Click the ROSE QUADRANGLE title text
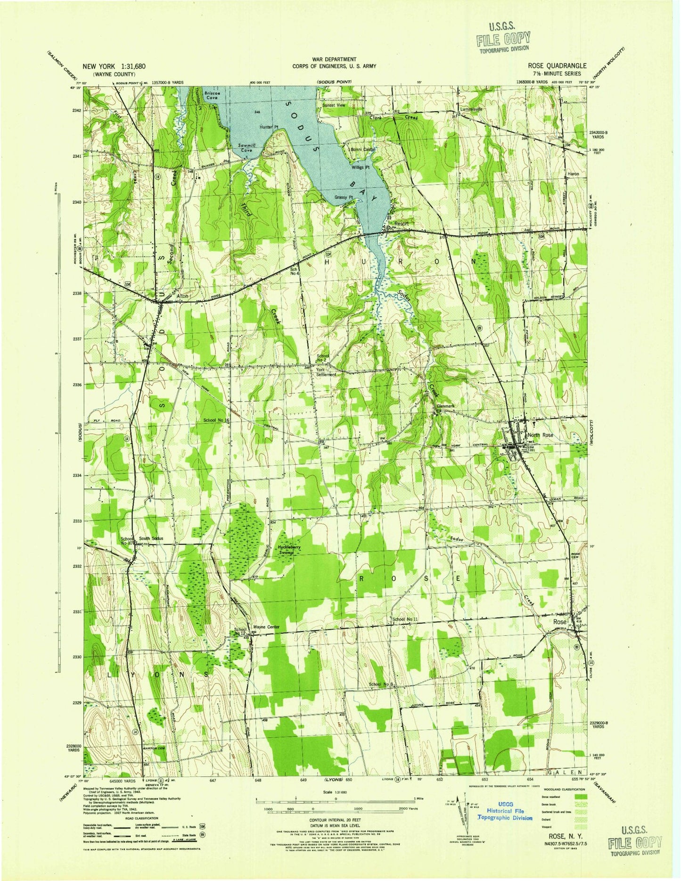point(558,66)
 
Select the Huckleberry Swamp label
point(287,550)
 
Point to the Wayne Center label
point(267,627)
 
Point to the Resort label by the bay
point(402,223)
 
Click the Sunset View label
point(334,106)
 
